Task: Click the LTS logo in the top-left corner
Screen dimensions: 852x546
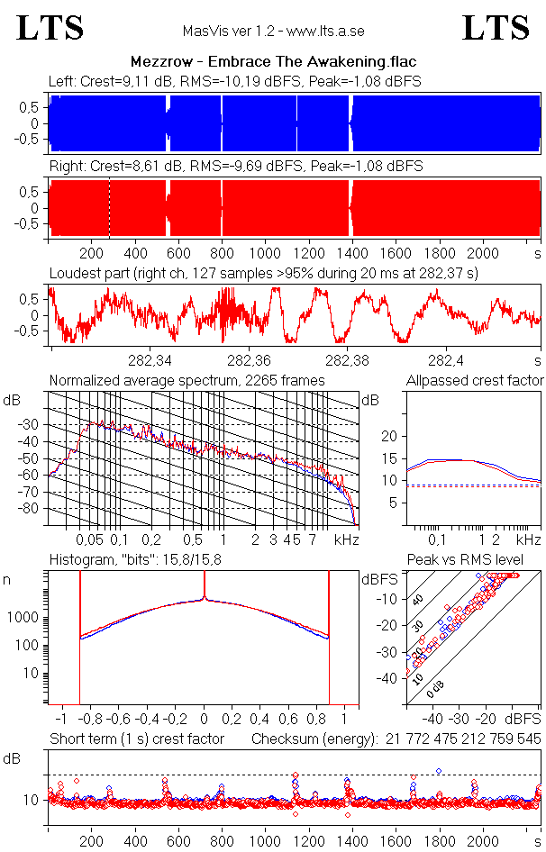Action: [50, 28]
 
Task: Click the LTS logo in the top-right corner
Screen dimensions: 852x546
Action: [496, 28]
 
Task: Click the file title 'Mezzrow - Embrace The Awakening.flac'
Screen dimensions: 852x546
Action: [272, 62]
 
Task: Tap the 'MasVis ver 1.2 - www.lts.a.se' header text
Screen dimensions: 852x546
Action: [273, 32]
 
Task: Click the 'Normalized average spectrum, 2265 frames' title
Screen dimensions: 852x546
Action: [187, 380]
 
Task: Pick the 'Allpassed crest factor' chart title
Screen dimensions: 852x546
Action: [475, 380]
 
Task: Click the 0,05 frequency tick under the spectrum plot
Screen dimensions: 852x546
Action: [90, 539]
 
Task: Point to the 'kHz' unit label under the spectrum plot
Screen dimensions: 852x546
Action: [346, 539]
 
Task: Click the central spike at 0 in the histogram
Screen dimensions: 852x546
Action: [205, 596]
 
